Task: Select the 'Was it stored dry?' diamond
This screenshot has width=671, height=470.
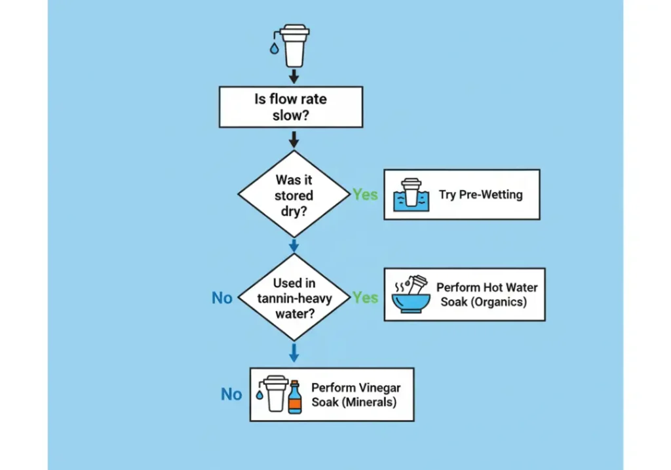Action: tap(294, 195)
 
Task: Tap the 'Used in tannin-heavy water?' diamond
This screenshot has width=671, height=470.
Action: tap(294, 298)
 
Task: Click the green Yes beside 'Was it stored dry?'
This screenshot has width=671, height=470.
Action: tap(365, 195)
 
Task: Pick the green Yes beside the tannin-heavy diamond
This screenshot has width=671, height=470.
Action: tap(365, 298)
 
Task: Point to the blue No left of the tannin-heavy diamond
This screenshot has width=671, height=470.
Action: tap(222, 298)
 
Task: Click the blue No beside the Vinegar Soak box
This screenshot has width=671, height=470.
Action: tap(231, 395)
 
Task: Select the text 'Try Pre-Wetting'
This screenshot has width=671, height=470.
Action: tap(480, 195)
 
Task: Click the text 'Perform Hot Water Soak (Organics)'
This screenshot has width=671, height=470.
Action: tap(487, 295)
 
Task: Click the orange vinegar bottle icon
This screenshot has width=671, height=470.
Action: tap(294, 397)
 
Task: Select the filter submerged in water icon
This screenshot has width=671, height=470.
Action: tap(411, 195)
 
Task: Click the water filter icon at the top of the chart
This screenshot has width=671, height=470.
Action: tap(294, 45)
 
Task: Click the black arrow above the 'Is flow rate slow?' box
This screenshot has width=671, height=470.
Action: tap(294, 77)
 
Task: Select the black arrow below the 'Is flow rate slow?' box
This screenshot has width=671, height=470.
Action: tap(294, 138)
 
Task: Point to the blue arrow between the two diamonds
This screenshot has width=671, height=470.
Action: tap(294, 245)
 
